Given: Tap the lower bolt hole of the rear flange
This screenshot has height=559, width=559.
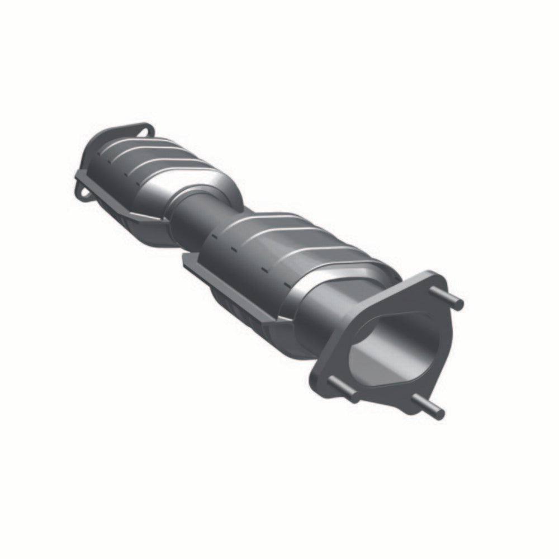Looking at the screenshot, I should click(x=83, y=193).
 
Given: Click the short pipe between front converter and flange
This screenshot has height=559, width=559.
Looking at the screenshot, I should click(x=324, y=319).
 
